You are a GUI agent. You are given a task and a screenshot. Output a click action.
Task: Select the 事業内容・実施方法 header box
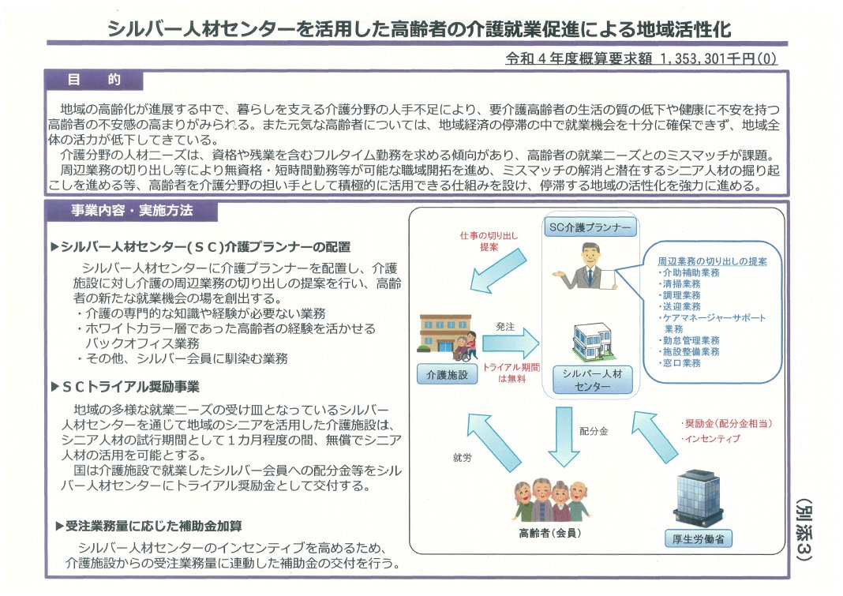coord(131,211)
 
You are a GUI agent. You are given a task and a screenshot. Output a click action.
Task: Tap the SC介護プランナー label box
coord(590,227)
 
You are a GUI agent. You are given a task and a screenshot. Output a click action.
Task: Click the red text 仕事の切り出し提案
coord(478,241)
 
